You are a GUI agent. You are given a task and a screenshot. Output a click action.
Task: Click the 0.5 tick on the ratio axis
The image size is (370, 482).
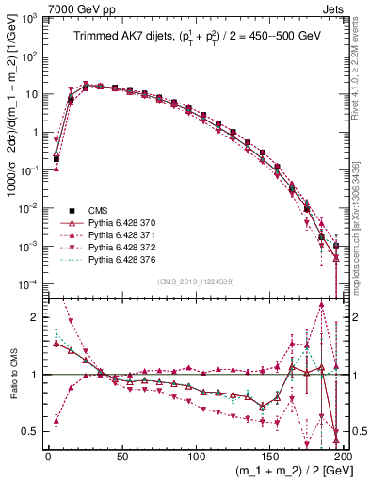pyautogui.click(x=30, y=431)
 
